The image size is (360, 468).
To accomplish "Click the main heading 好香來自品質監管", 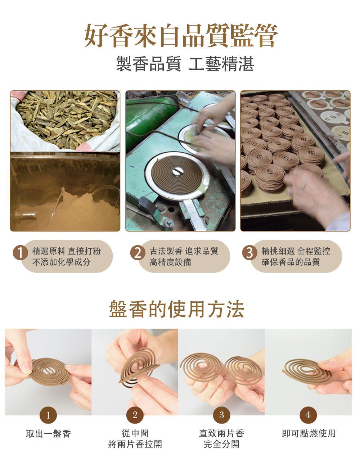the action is tap(181, 36).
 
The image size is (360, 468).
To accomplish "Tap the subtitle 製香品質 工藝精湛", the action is tap(185, 64).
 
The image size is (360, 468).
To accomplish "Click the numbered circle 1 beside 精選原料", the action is tap(21, 252).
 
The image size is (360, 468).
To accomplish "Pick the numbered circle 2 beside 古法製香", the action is tap(138, 252).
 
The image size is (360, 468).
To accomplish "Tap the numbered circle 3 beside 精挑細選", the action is tap(250, 252).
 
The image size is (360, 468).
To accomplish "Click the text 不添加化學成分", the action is tap(61, 262).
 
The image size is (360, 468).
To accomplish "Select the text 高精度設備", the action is tap(171, 262).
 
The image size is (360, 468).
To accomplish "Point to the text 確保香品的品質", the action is tap(291, 262).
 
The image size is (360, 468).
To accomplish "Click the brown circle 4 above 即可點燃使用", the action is tap(308, 415).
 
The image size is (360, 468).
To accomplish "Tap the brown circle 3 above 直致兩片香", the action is tap(221, 415).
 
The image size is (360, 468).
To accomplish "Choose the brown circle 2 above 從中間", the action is tap(135, 415).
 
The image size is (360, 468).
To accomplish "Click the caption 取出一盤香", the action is tap(48, 434).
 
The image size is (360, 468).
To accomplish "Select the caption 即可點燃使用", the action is tap(309, 433).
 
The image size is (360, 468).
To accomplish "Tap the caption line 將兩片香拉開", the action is tap(135, 444).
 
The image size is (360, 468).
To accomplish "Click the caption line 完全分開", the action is tap(221, 444).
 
